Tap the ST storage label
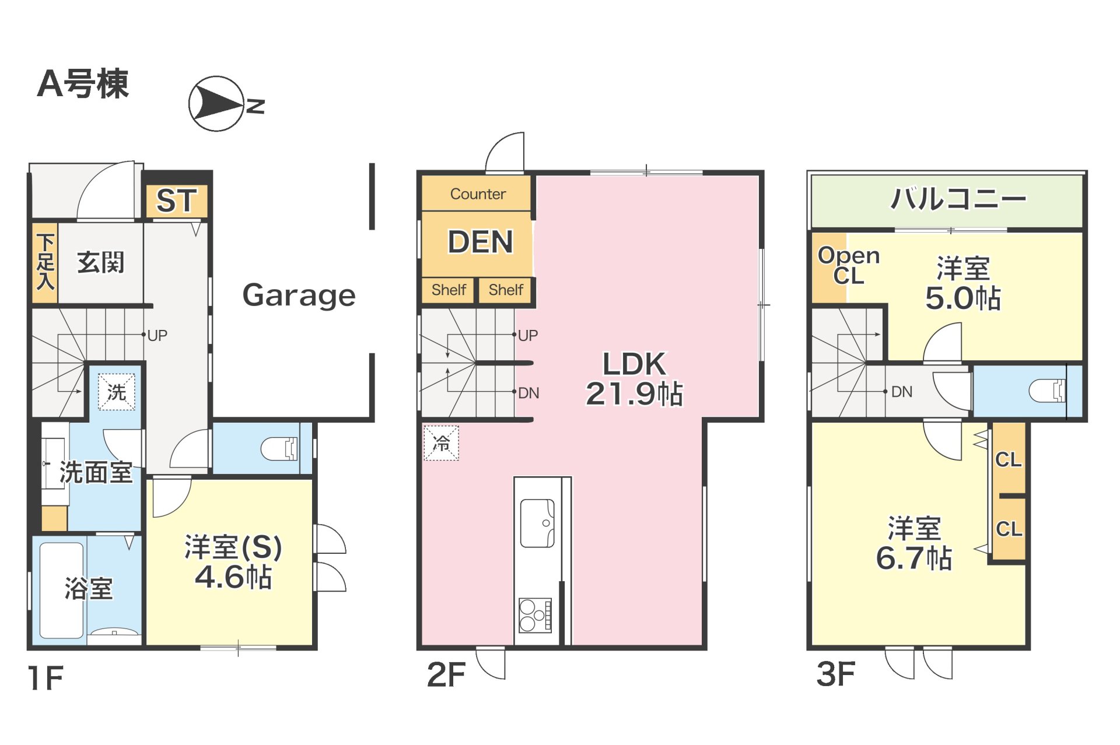click(x=176, y=201)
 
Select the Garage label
click(x=299, y=295)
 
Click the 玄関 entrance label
click(x=101, y=263)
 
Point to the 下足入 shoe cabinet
click(x=45, y=263)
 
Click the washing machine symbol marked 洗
click(x=116, y=392)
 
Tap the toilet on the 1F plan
click(x=279, y=449)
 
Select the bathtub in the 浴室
click(x=61, y=591)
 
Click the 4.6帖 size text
click(x=233, y=577)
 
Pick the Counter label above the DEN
click(x=478, y=194)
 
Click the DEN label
click(x=480, y=242)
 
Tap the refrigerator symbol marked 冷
click(x=441, y=443)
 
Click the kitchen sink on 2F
click(x=537, y=523)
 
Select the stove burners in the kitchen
click(x=535, y=615)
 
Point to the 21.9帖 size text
click(x=634, y=393)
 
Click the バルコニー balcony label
click(x=958, y=199)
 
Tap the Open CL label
click(x=849, y=265)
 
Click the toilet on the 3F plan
click(x=1048, y=391)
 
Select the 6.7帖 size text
click(x=914, y=558)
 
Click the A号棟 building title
click(x=83, y=83)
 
